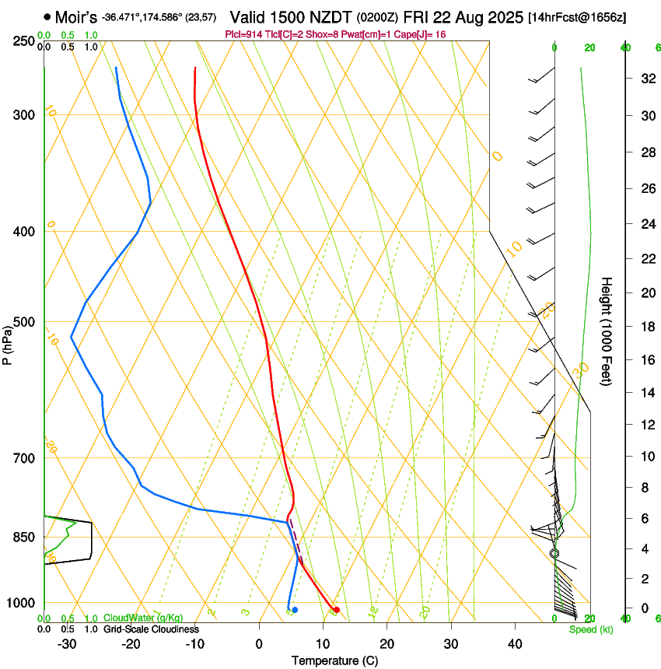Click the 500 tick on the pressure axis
(25, 322)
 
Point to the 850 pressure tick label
(25, 537)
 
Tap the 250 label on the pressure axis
(25, 40)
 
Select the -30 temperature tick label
(67, 643)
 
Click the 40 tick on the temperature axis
(514, 643)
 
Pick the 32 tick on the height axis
(645, 78)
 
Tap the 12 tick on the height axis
(645, 424)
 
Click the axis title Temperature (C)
(334, 660)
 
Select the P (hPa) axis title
(9, 343)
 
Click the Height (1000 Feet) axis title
(607, 331)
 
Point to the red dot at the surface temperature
(336, 609)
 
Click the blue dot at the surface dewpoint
(295, 609)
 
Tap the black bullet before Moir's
(48, 16)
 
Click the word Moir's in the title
(75, 16)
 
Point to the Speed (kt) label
(590, 629)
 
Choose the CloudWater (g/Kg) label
(143, 618)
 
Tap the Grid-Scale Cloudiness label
(151, 629)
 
